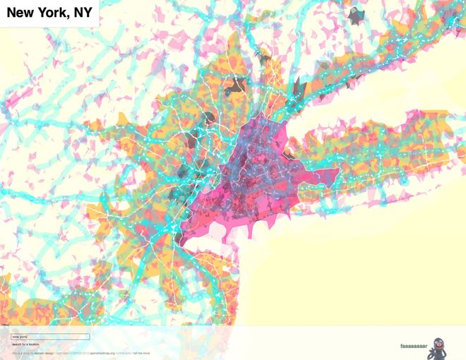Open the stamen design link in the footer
pyautogui.click(x=44, y=352)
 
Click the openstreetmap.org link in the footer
pyautogui.click(x=102, y=352)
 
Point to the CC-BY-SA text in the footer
pyautogui.click(x=74, y=352)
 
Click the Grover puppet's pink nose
pyautogui.click(x=438, y=344)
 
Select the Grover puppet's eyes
pyautogui.click(x=438, y=340)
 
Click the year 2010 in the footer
pyautogui.click(x=86, y=352)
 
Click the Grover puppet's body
pyautogui.click(x=441, y=352)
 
